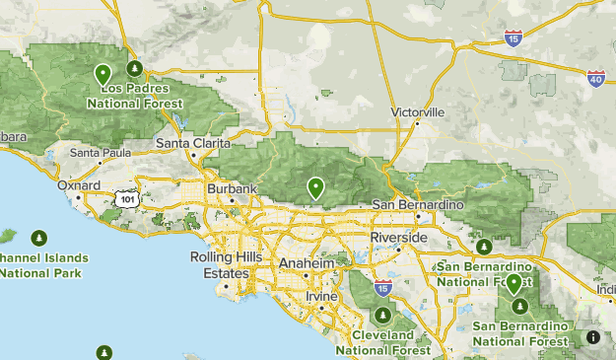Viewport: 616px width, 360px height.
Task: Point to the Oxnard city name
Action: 79,184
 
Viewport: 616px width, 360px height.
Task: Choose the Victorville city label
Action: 418,112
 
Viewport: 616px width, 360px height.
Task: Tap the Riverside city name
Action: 398,239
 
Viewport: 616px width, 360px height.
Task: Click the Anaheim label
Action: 308,264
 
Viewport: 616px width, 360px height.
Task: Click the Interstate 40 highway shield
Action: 595,76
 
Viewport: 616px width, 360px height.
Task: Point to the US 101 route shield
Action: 125,198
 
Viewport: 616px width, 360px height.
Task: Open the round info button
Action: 594,337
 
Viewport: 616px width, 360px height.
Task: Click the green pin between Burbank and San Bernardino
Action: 315,186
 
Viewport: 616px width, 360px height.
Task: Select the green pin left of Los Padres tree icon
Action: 103,74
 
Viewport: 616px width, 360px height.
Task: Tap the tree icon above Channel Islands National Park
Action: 38,238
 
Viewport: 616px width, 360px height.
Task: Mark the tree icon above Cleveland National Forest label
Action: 382,317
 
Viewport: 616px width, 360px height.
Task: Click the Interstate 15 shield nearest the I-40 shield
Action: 513,38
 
